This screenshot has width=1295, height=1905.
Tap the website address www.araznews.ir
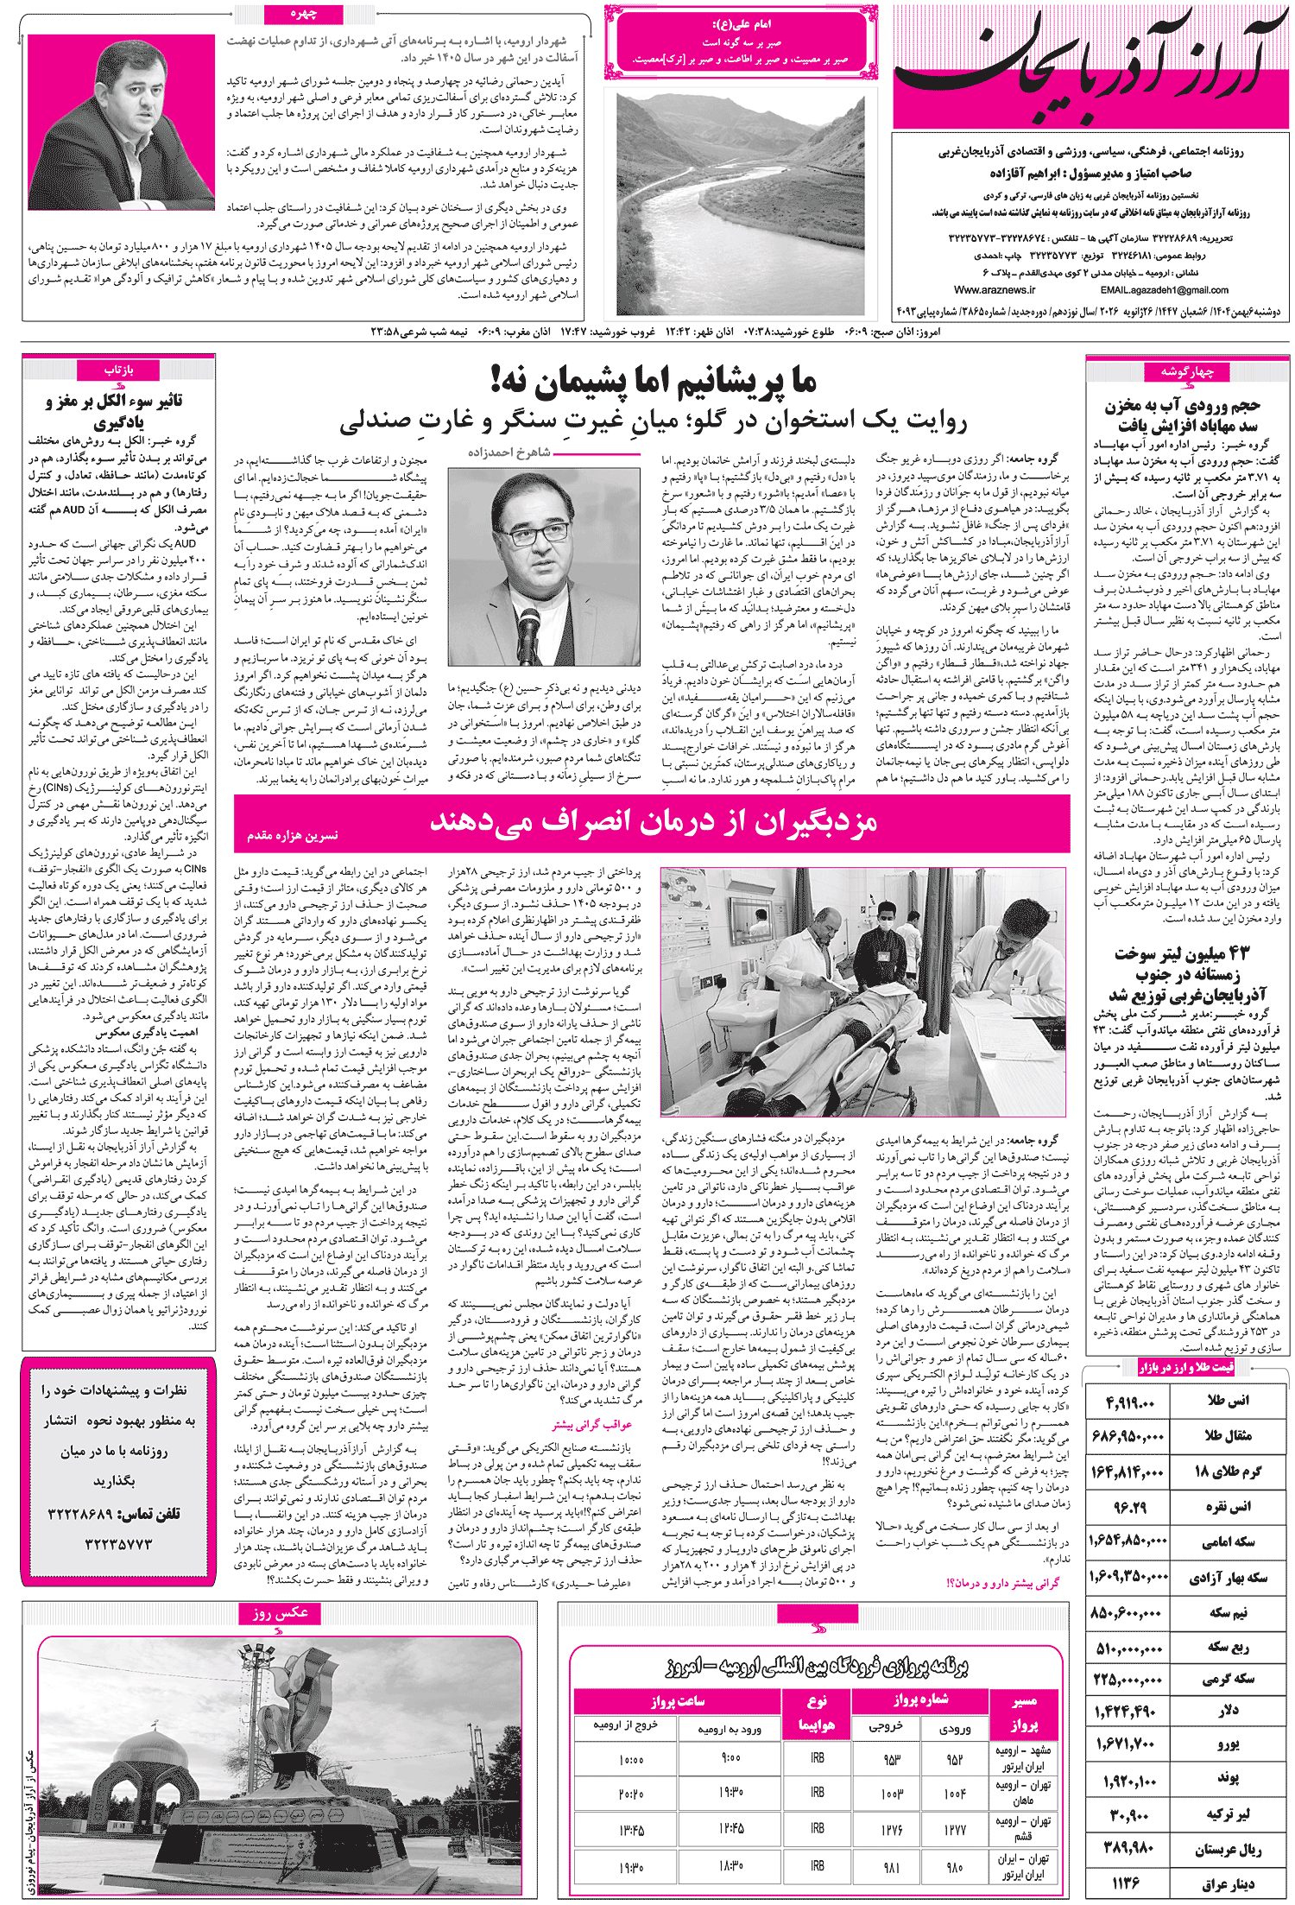pyautogui.click(x=995, y=290)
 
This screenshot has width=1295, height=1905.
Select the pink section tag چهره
pyautogui.click(x=304, y=14)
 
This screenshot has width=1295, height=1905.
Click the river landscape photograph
pyautogui.click(x=740, y=204)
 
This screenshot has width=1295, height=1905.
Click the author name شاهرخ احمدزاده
pyautogui.click(x=509, y=453)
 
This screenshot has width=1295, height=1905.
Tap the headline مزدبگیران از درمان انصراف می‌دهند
pyautogui.click(x=654, y=821)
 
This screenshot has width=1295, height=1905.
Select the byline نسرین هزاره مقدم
pyautogui.click(x=292, y=835)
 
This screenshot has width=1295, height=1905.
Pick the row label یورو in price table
pyautogui.click(x=1228, y=1744)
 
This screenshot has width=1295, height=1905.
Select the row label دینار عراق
pyautogui.click(x=1226, y=1883)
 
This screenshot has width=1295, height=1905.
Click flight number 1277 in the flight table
pyautogui.click(x=954, y=1828)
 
